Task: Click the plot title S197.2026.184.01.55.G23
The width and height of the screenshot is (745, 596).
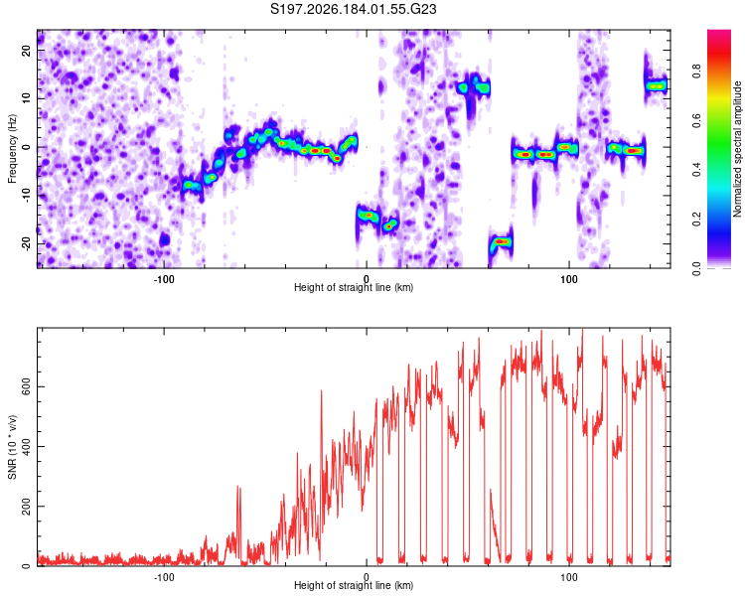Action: coord(353,9)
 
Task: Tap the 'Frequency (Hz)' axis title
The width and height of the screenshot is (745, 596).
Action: coord(12,149)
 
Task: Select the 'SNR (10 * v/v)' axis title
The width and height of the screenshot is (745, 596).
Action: coord(12,447)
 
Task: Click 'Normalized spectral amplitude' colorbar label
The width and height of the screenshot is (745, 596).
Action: coord(737,149)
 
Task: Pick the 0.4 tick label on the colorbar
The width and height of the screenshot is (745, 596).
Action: coord(696,169)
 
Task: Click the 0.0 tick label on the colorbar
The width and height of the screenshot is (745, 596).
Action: coord(696,268)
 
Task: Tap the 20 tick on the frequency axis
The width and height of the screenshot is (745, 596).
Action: coord(27,50)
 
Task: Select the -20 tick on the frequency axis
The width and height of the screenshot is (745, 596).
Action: coord(27,243)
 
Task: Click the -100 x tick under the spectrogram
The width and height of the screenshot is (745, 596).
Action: coord(164,279)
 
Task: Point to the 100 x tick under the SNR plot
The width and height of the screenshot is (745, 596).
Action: coord(568,577)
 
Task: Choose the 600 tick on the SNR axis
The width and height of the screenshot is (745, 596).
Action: coord(27,386)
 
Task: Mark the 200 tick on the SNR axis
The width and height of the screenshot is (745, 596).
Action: coord(27,507)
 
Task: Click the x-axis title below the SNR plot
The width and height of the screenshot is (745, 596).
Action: coord(354,585)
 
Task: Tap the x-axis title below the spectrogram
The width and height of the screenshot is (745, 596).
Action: coord(354,287)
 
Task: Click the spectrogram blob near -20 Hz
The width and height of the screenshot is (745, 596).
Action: coord(502,242)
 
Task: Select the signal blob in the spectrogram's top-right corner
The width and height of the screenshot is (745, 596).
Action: coord(657,85)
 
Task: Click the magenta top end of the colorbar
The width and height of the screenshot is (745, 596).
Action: coord(719,32)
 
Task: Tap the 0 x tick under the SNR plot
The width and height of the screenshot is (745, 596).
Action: coord(366,577)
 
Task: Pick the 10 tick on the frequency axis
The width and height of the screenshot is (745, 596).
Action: coord(27,98)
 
